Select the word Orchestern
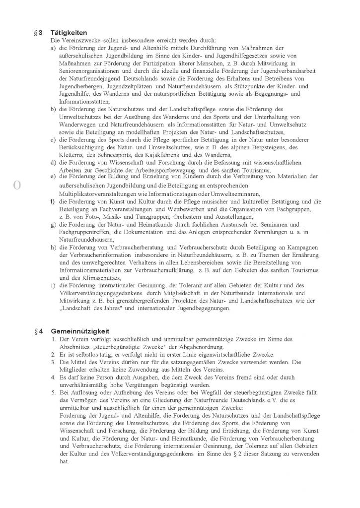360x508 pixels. [192, 217]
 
